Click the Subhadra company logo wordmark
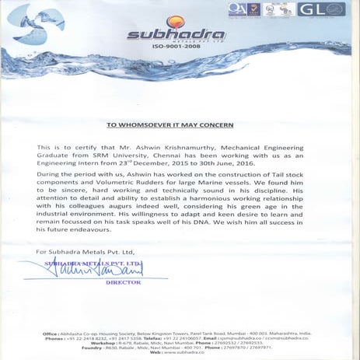pos(168,36)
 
